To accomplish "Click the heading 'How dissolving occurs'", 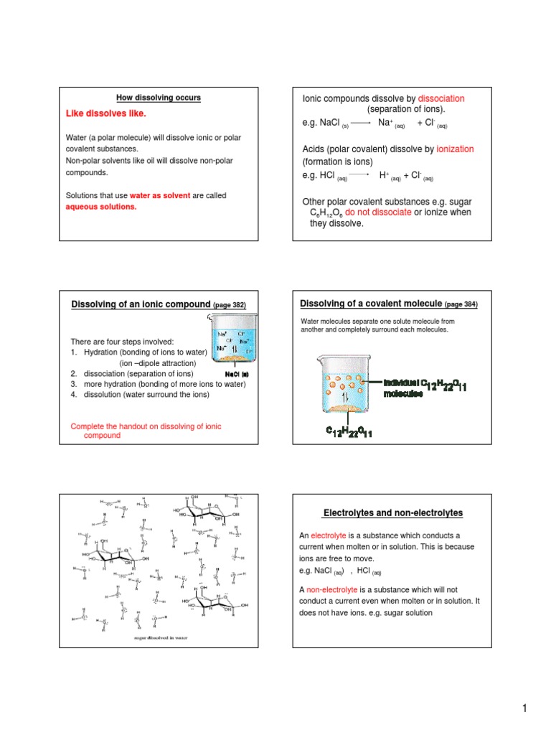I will pyautogui.click(x=159, y=98).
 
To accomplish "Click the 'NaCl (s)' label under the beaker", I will pyautogui.click(x=236, y=374).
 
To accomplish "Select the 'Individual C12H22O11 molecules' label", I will pyautogui.click(x=425, y=388).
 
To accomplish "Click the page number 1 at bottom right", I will pyautogui.click(x=524, y=709).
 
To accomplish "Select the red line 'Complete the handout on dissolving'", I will pyautogui.click(x=146, y=426).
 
